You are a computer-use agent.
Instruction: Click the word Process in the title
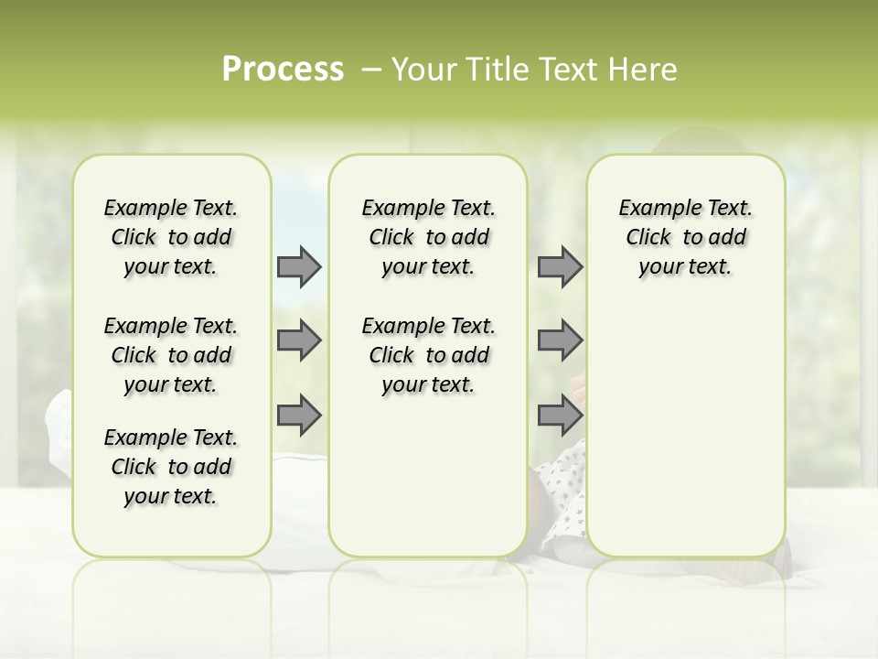pos(283,70)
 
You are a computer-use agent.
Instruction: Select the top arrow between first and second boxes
pos(299,266)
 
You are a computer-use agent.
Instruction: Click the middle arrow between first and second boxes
pos(299,340)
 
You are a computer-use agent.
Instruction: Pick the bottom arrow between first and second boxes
pos(299,415)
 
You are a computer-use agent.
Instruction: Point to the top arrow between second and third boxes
pos(560,266)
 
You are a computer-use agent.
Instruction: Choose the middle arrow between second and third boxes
pos(560,340)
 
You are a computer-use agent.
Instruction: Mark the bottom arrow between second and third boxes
pos(560,415)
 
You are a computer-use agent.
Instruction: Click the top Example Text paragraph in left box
pos(171,237)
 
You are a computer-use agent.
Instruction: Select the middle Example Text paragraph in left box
pos(171,355)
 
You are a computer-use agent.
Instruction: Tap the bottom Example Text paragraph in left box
pos(171,467)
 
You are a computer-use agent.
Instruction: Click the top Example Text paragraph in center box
pos(428,237)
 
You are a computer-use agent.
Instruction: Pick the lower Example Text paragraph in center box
pos(428,355)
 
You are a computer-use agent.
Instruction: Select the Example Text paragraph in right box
pos(685,237)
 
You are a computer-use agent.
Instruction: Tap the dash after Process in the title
pos(371,70)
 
